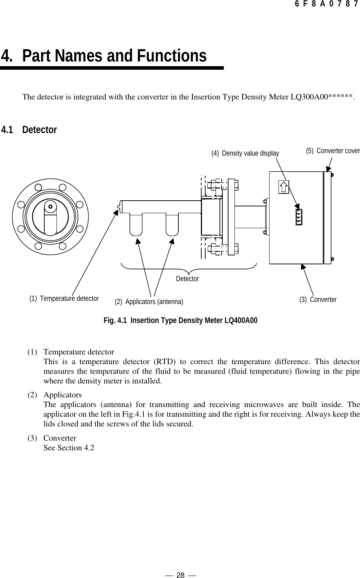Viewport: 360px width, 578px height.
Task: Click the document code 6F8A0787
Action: click(326, 5)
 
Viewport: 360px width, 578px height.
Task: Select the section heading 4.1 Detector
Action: click(29, 130)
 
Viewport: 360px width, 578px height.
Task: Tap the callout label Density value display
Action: click(250, 153)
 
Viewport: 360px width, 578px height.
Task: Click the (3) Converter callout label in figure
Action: click(318, 300)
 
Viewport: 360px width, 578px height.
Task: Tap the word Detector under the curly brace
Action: click(187, 279)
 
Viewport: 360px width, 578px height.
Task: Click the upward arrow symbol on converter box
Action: click(283, 186)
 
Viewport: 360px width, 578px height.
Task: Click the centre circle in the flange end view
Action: click(50, 206)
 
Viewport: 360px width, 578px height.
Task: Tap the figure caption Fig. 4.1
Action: click(180, 320)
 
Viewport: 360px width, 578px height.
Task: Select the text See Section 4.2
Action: click(69, 448)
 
